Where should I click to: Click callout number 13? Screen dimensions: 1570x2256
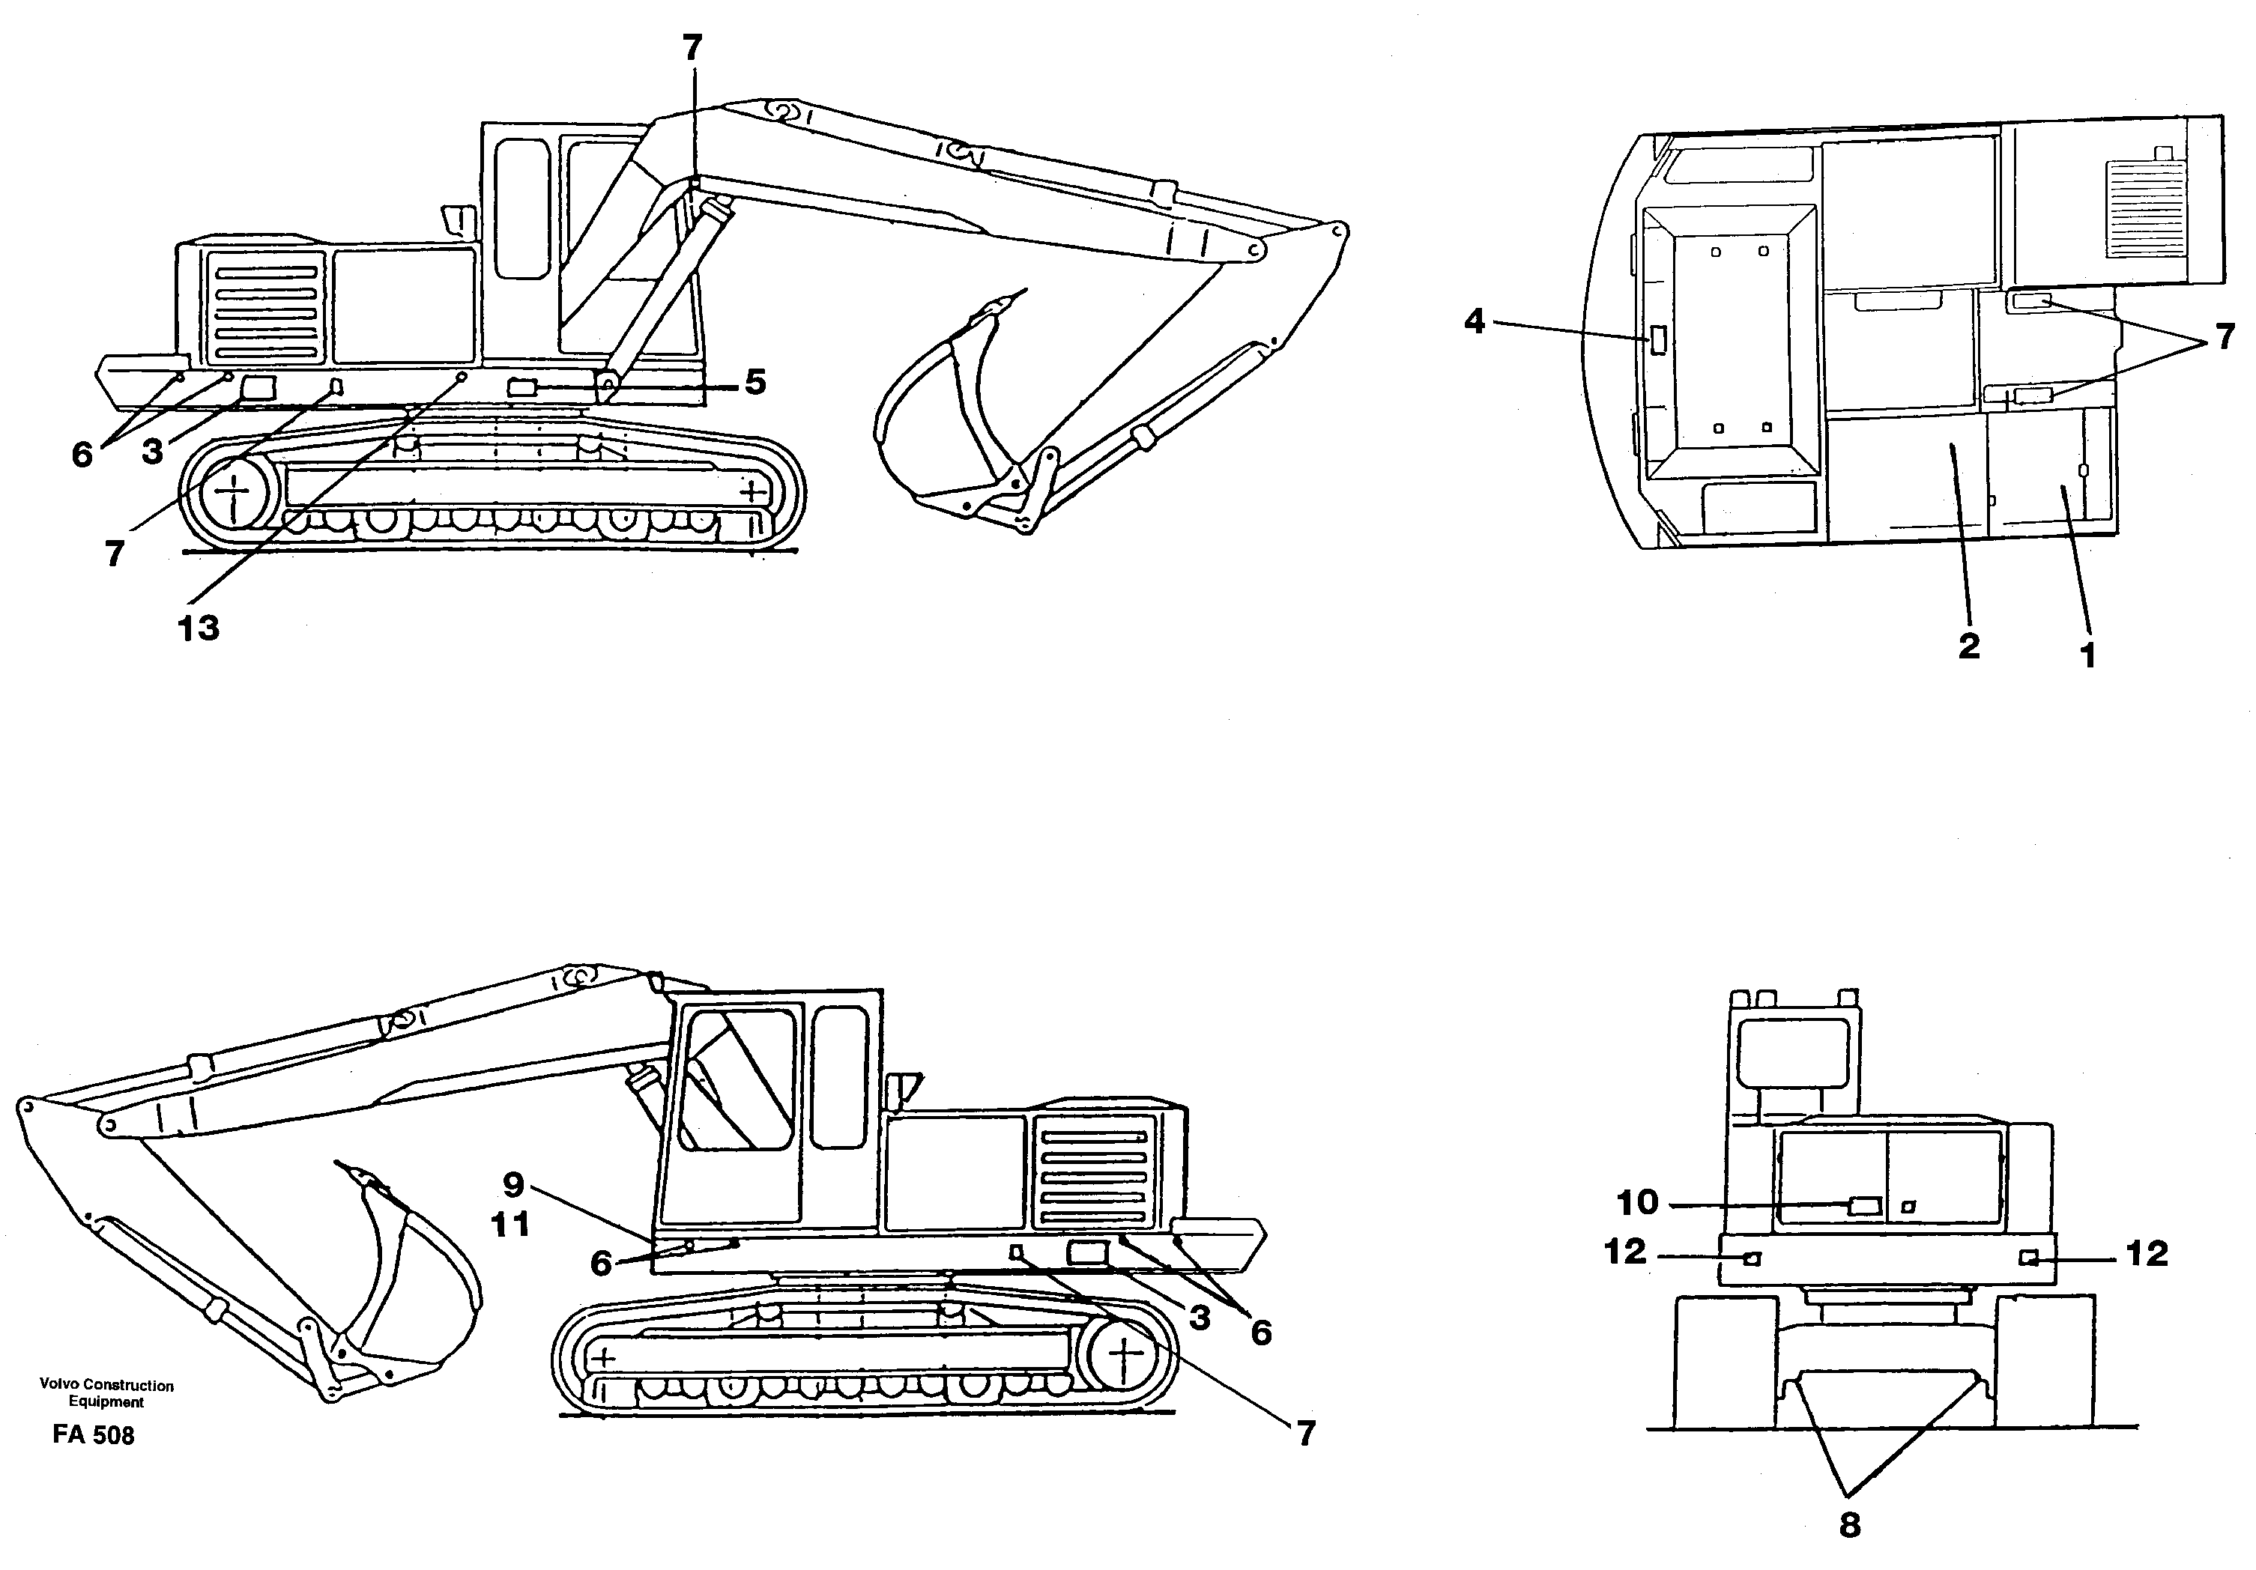click(x=199, y=628)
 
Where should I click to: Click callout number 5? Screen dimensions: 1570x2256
click(x=754, y=382)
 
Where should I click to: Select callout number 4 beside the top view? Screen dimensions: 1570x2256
click(x=1474, y=321)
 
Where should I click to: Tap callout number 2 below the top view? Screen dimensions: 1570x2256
click(x=1968, y=646)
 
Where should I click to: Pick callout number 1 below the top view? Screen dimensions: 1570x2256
click(x=2089, y=655)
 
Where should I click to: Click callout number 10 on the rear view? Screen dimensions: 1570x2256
click(x=1637, y=1201)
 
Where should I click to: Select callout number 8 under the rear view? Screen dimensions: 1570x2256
click(x=1849, y=1525)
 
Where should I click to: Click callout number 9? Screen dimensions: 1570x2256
click(x=513, y=1185)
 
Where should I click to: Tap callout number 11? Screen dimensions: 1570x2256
click(x=511, y=1224)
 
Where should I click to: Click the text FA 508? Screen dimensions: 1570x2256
click(x=94, y=1435)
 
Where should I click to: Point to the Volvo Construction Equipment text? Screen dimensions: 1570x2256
click(x=106, y=1393)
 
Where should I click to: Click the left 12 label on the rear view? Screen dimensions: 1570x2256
click(x=1625, y=1252)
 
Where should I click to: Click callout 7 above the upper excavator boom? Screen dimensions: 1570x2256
click(x=693, y=47)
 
